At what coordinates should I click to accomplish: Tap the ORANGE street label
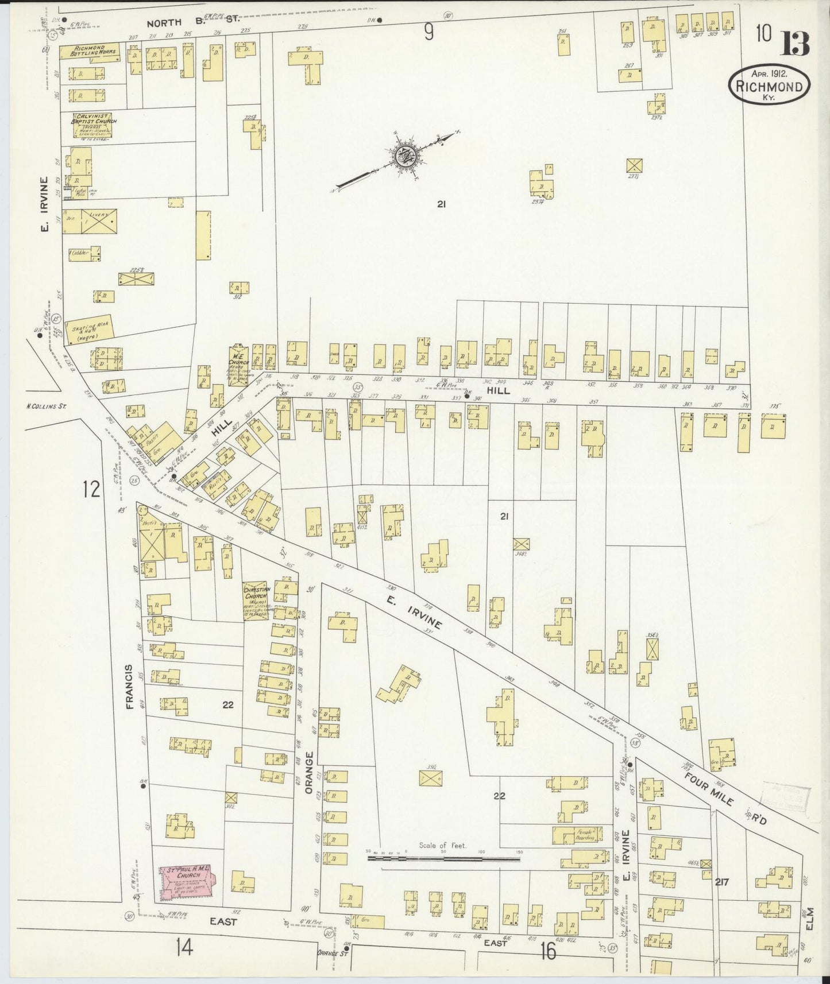[308, 771]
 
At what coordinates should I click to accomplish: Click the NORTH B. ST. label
[184, 23]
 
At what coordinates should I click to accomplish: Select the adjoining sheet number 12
[91, 489]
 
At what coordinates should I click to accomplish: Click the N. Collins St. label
[47, 406]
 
